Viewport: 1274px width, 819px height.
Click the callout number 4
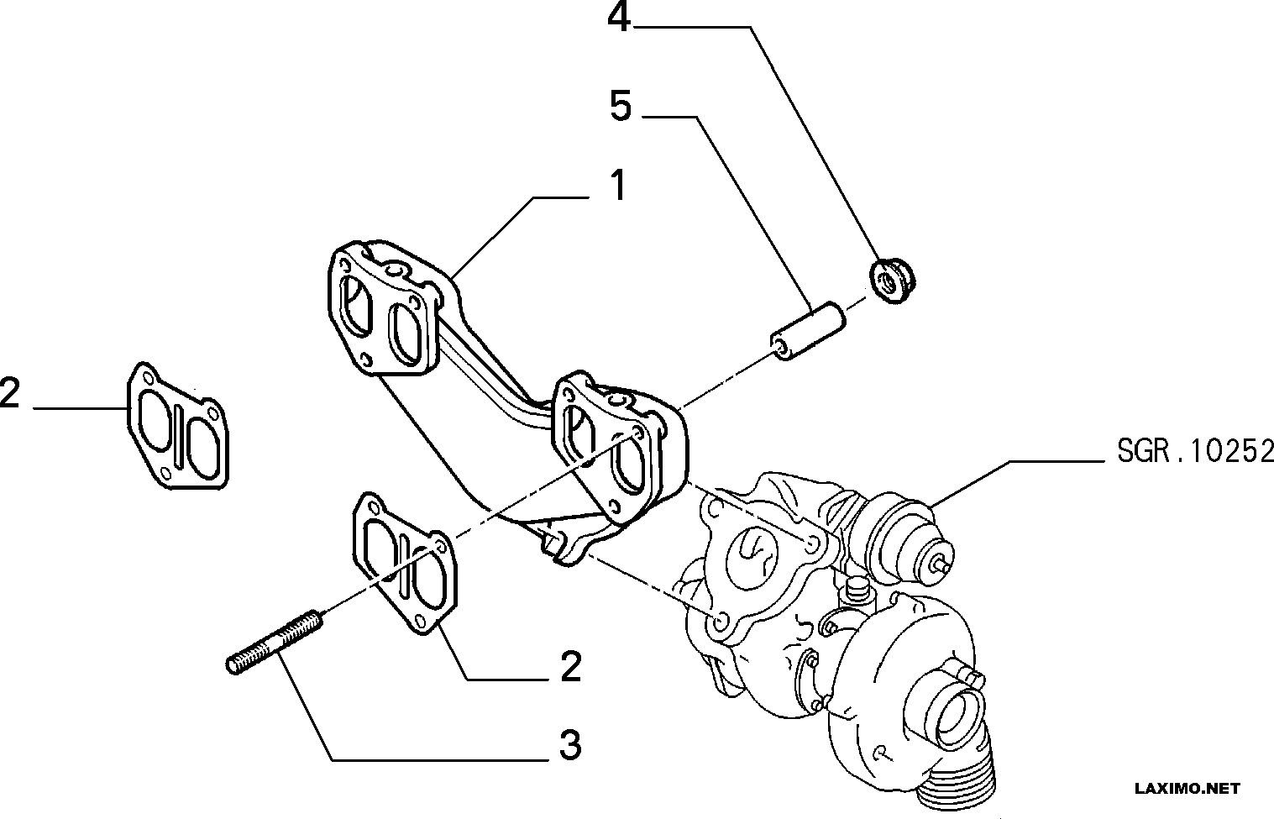coord(620,18)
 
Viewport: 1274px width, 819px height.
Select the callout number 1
coord(617,185)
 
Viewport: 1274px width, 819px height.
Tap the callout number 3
coord(570,744)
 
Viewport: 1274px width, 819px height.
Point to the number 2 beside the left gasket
coord(10,392)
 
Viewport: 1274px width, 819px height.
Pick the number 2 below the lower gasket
coord(570,666)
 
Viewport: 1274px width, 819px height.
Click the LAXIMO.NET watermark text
coord(1187,788)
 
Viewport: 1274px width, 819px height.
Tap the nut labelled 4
coord(893,281)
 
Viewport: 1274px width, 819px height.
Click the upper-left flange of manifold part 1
coord(385,308)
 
